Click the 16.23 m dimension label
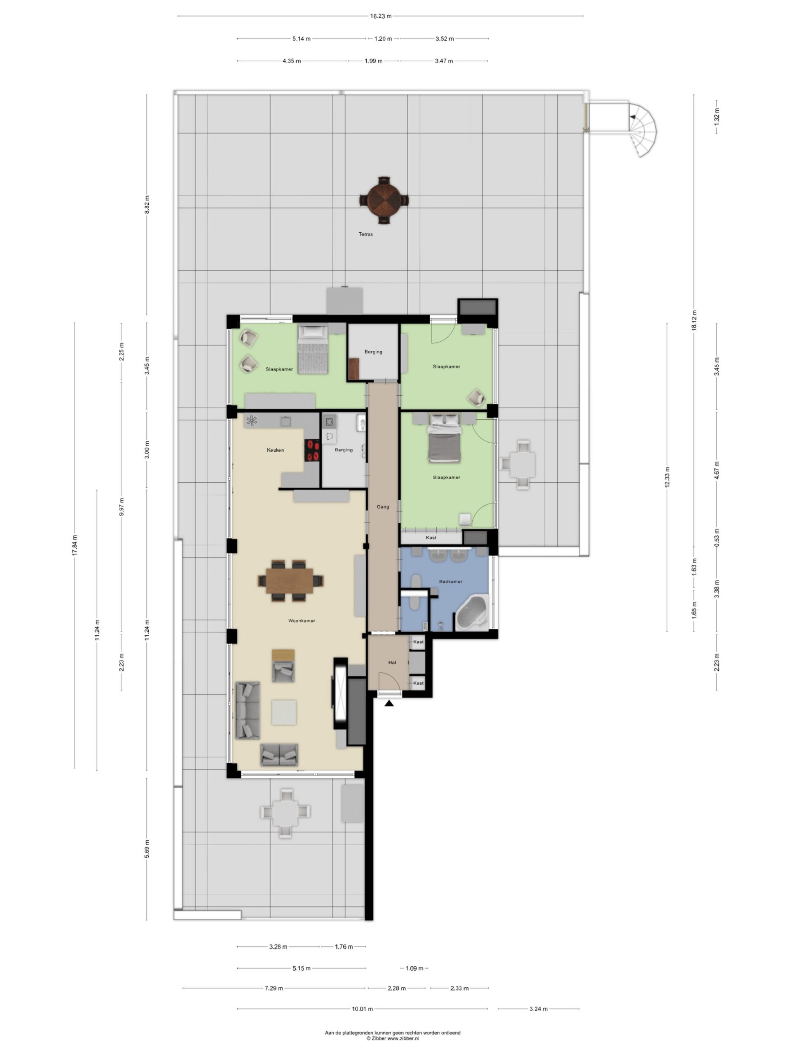click(381, 16)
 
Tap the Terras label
click(366, 234)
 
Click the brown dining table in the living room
click(290, 581)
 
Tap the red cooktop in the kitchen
click(312, 450)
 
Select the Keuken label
click(275, 450)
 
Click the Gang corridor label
click(383, 506)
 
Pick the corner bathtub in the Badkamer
click(472, 612)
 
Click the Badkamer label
click(451, 581)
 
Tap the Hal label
click(392, 662)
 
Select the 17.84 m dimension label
click(75, 545)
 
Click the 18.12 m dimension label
click(694, 320)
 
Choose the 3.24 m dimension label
click(538, 1008)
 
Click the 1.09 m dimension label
click(414, 968)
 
